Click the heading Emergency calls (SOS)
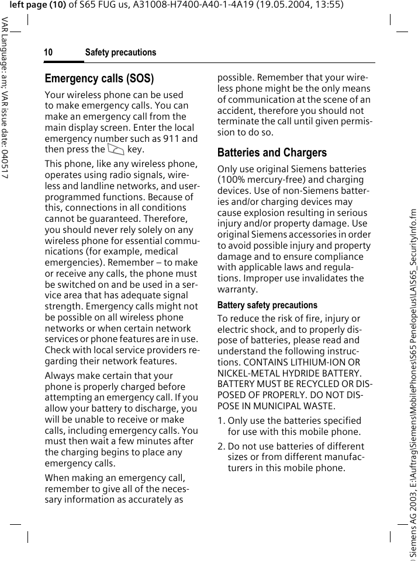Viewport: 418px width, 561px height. tap(99, 79)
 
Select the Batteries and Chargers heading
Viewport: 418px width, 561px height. tap(272, 153)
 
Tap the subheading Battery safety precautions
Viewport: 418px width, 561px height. tap(267, 305)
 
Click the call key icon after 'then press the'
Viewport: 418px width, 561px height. tap(116, 150)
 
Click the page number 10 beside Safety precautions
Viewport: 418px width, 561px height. tap(48, 53)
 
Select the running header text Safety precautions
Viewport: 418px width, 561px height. tap(120, 53)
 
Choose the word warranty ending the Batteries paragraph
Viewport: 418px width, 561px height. tap(237, 290)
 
